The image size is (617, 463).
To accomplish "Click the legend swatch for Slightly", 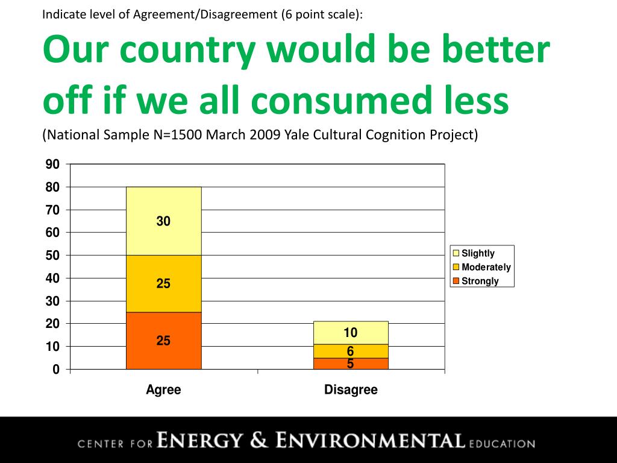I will click(x=456, y=253).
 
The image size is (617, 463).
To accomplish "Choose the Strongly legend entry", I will click(x=480, y=281).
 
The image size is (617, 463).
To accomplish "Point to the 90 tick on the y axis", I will click(x=53, y=165).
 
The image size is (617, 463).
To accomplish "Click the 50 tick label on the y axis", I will click(x=53, y=256).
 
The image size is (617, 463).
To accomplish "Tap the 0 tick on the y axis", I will click(x=56, y=370).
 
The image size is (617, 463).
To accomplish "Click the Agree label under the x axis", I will click(x=163, y=390).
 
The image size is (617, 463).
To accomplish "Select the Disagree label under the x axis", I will click(x=351, y=390).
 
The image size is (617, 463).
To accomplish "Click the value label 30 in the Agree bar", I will click(x=163, y=222).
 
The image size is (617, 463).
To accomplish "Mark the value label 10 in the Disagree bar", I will click(x=351, y=333).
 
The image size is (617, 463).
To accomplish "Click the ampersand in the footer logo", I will click(x=259, y=440).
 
